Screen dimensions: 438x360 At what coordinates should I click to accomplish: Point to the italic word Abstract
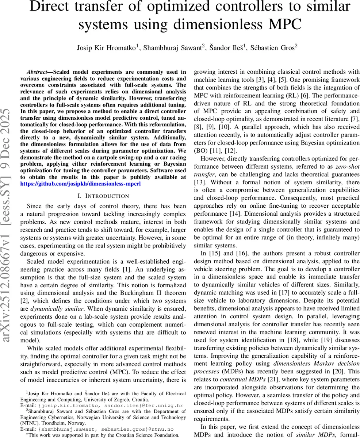(39, 72)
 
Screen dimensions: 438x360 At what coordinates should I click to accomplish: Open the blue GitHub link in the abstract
(80, 184)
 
